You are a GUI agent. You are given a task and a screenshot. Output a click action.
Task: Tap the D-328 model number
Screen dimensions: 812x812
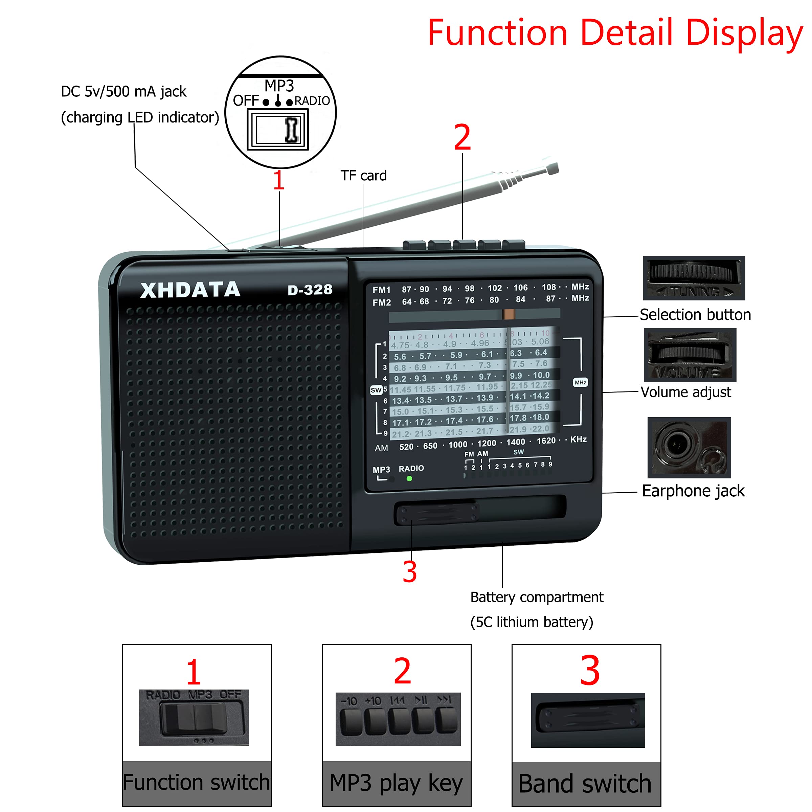(x=310, y=290)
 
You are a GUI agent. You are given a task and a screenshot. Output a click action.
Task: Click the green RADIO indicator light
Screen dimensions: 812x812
(x=409, y=478)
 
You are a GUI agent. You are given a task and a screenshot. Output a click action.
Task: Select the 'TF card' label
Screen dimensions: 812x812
(x=363, y=176)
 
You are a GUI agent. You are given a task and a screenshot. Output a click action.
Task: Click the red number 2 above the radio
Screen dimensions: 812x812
(x=462, y=137)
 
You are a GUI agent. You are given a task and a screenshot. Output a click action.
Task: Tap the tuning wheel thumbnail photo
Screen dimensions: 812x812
(x=694, y=278)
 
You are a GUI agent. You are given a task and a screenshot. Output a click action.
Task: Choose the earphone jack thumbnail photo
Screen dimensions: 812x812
(x=689, y=447)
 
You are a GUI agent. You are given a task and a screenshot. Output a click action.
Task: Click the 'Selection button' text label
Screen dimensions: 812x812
(x=695, y=314)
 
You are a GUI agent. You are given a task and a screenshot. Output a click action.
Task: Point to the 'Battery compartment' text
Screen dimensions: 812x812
(x=536, y=597)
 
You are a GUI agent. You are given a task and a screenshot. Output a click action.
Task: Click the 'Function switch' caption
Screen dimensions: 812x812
(x=196, y=782)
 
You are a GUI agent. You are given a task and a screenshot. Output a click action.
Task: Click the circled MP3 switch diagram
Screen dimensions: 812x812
(x=281, y=113)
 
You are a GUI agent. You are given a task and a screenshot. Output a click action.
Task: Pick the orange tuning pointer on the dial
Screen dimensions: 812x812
(x=509, y=314)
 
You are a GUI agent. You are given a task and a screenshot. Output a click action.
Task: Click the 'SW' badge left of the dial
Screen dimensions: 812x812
(x=376, y=390)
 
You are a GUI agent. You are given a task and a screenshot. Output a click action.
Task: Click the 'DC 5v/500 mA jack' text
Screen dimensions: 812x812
(x=123, y=92)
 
